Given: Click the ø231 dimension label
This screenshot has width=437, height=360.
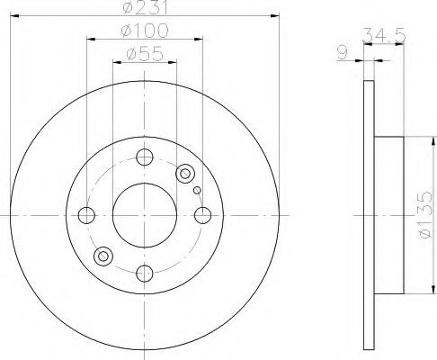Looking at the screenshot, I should pyautogui.click(x=146, y=10).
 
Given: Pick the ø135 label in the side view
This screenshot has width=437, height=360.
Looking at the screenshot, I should pyautogui.click(x=423, y=216).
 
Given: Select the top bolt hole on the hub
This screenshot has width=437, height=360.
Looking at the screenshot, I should pyautogui.click(x=145, y=157).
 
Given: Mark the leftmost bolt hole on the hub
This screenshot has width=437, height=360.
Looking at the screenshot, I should pyautogui.click(x=87, y=215).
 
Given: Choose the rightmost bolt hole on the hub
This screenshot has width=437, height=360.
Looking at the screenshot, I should pyautogui.click(x=203, y=215).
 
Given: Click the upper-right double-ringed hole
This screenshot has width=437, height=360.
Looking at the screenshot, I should pyautogui.click(x=186, y=173).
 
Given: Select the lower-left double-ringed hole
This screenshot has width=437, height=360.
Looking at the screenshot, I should pyautogui.click(x=103, y=257).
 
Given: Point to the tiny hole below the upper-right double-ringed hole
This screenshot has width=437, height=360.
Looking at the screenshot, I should pyautogui.click(x=197, y=190).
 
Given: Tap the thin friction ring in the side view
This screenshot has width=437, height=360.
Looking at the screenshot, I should pyautogui.click(x=366, y=216).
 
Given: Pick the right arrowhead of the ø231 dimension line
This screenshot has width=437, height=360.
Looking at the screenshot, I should pyautogui.click(x=274, y=18).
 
